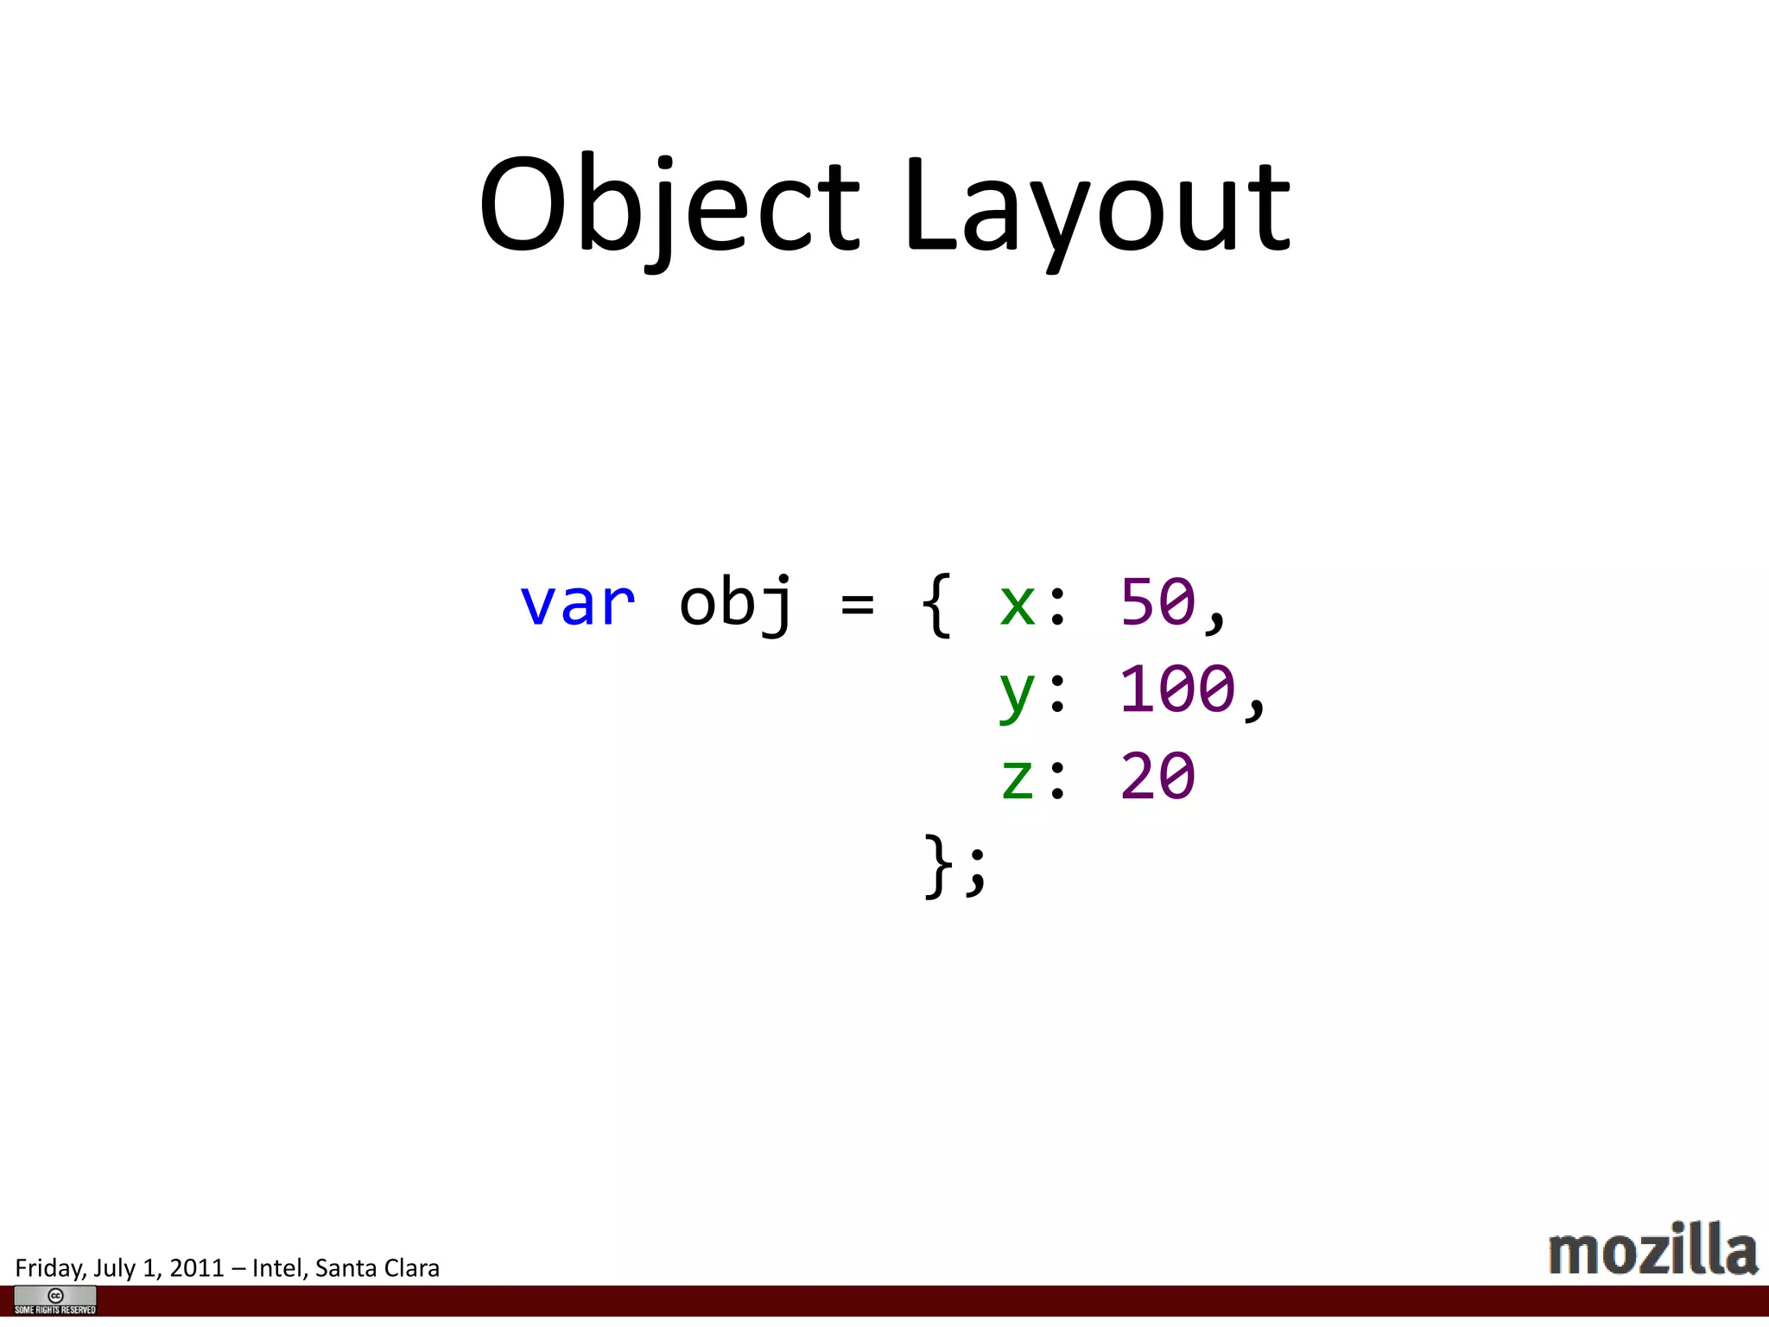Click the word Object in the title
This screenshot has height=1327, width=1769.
669,207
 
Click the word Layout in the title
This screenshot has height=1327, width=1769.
1097,207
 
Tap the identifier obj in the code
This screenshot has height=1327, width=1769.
735,604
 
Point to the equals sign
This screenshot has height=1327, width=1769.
857,604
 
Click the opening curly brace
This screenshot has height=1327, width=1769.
937,604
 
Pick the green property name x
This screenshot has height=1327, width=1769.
1017,604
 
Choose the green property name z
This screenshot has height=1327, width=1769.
1017,777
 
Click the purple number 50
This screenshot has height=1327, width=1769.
1157,602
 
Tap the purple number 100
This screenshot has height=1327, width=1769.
1176,689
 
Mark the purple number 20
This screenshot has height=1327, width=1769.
1157,776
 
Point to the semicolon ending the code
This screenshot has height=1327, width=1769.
976,871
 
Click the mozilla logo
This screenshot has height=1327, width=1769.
1652,1249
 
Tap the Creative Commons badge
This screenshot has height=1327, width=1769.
55,1300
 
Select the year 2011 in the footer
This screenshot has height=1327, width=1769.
197,1268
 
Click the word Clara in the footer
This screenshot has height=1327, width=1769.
411,1268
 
